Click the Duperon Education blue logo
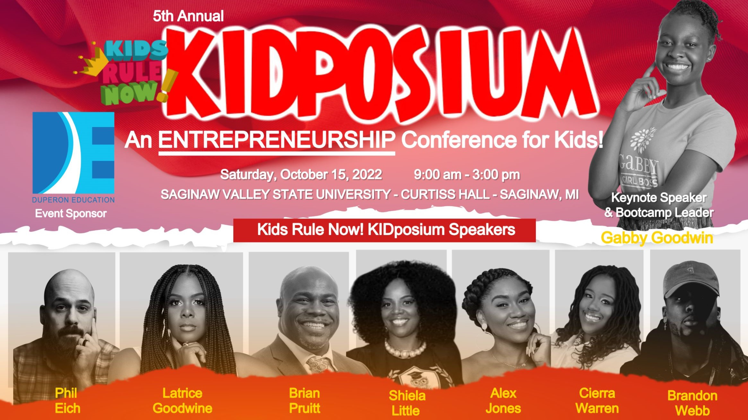click(73, 153)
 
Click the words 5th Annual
click(188, 16)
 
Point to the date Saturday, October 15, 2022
click(301, 175)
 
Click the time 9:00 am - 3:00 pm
click(467, 175)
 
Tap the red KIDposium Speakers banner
click(385, 230)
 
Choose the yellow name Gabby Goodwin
click(657, 238)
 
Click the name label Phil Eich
click(67, 401)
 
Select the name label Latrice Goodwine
click(182, 401)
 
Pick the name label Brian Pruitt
click(305, 401)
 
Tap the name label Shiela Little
click(407, 403)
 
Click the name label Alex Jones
click(503, 401)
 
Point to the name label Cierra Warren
click(597, 401)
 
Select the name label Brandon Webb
click(692, 403)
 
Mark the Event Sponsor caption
click(71, 213)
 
